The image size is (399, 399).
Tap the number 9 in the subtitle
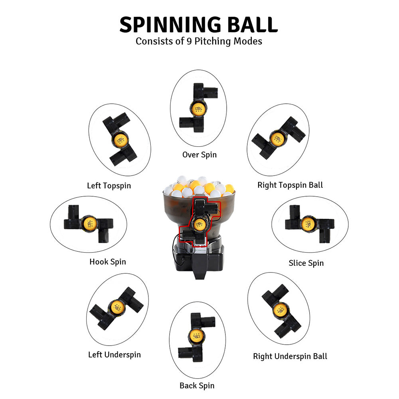[190, 41]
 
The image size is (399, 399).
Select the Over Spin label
[199, 154]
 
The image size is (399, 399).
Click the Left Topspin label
[109, 186]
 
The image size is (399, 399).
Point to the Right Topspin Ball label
[290, 185]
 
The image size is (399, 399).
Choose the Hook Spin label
[108, 262]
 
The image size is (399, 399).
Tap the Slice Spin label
[306, 263]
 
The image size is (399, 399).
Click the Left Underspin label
[114, 354]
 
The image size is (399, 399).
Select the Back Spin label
[197, 385]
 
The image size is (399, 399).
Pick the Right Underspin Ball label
[290, 356]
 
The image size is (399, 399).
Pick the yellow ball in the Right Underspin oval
[281, 310]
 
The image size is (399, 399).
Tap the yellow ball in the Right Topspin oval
[277, 138]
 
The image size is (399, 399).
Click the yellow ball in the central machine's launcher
[198, 224]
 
